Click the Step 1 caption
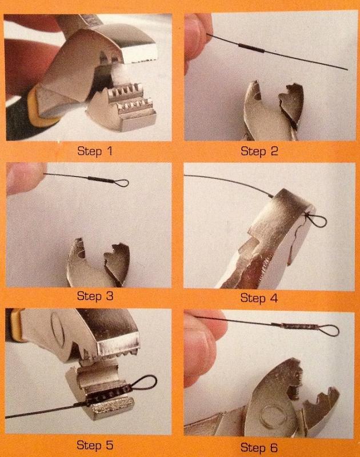tap(95, 151)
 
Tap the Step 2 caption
tap(259, 151)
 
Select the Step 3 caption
tap(95, 296)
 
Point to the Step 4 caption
tap(259, 298)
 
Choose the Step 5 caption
tap(95, 445)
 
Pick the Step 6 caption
tap(259, 447)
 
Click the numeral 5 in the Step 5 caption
tap(109, 445)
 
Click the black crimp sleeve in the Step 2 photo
tap(251, 48)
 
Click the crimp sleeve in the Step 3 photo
tap(99, 179)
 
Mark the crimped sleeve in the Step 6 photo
tap(293, 326)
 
